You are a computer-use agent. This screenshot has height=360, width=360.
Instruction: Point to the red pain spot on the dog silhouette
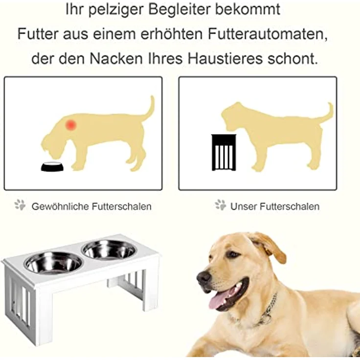[71, 125]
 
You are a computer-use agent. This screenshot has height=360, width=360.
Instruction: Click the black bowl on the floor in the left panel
[52, 167]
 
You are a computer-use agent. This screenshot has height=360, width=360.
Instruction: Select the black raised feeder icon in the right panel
[224, 152]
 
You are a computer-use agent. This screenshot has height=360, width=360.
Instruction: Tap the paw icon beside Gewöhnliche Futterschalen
[20, 205]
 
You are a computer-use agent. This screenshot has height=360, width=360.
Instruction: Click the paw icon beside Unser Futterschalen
[220, 205]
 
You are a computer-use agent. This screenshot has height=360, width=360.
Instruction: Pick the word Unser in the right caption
[243, 206]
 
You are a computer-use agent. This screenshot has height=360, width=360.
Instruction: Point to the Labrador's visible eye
[233, 255]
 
